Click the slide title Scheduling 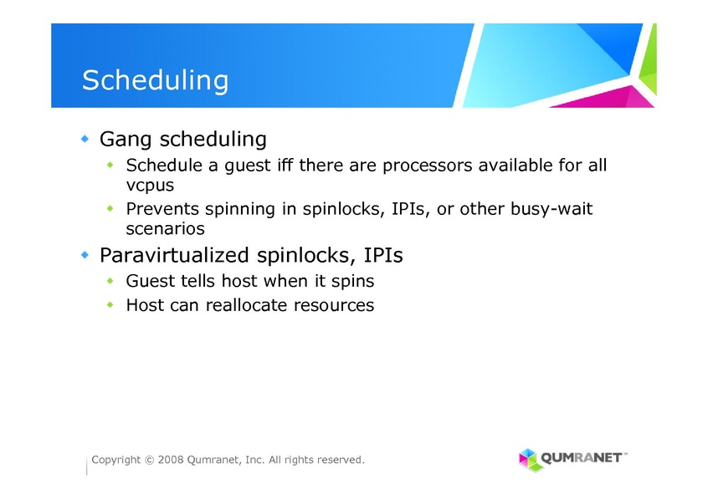(155, 81)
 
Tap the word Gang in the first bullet (125, 140)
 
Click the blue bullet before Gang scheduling (85, 139)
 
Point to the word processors (427, 166)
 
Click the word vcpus (150, 186)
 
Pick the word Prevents (162, 208)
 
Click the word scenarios (165, 229)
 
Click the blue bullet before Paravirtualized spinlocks (85, 255)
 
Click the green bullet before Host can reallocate (110, 305)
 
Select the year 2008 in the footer (171, 460)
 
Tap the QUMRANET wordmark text (582, 458)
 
